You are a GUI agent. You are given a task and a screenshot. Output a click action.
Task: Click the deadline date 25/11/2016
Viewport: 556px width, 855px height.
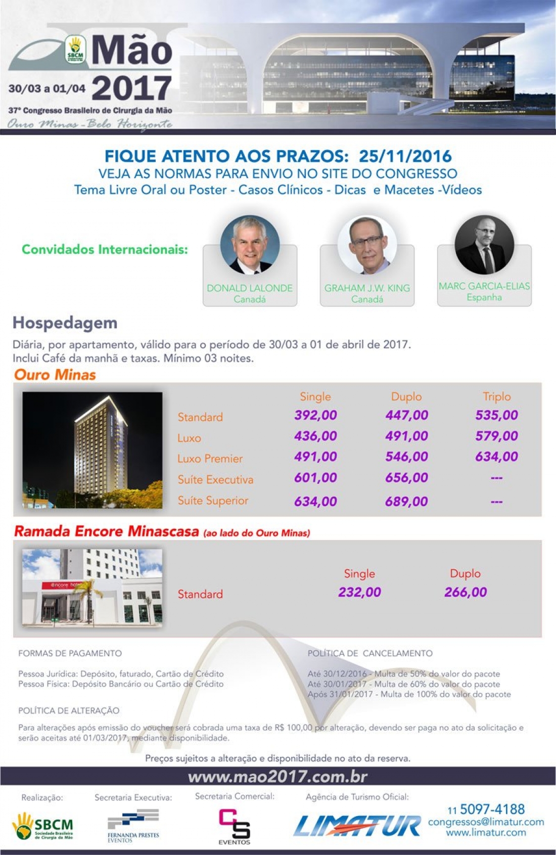[405, 156]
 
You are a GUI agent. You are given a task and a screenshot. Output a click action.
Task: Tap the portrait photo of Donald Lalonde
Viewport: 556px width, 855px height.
[250, 245]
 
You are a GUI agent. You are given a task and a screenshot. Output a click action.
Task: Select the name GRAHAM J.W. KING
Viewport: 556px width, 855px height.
[367, 288]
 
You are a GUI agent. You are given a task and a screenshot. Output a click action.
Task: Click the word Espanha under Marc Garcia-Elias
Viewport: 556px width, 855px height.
[484, 297]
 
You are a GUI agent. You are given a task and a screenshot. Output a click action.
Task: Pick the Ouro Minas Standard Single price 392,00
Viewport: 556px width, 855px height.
[315, 416]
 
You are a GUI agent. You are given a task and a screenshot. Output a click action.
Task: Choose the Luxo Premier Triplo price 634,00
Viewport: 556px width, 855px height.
[496, 457]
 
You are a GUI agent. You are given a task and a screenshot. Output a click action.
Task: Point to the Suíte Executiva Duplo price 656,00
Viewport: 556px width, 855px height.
[406, 478]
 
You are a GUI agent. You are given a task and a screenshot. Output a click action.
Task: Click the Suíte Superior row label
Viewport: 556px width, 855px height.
[213, 501]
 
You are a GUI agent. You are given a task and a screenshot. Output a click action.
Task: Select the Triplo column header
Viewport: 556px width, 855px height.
[496, 397]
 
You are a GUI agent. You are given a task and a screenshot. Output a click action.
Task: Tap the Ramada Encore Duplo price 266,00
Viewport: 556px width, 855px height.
[466, 593]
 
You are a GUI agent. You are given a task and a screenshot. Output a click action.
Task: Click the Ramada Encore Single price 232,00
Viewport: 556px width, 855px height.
[359, 593]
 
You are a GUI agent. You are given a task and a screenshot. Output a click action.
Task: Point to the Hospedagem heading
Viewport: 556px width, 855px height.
[65, 323]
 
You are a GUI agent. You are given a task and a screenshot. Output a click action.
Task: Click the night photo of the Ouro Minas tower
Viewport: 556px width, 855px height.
[92, 450]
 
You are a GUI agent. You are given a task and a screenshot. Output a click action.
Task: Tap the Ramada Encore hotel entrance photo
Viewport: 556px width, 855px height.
[92, 588]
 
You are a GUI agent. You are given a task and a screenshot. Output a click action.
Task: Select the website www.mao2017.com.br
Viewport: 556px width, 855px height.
[277, 777]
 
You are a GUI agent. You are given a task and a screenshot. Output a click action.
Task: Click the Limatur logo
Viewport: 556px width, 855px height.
[357, 826]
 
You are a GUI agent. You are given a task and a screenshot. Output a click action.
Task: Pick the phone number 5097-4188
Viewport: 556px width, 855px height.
[492, 809]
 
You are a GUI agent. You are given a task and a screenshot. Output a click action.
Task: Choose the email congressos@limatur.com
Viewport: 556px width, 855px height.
[486, 822]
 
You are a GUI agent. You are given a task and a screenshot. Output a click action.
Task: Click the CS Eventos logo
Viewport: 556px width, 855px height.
[234, 826]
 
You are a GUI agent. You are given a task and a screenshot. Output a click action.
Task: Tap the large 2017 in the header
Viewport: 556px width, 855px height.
[131, 88]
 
